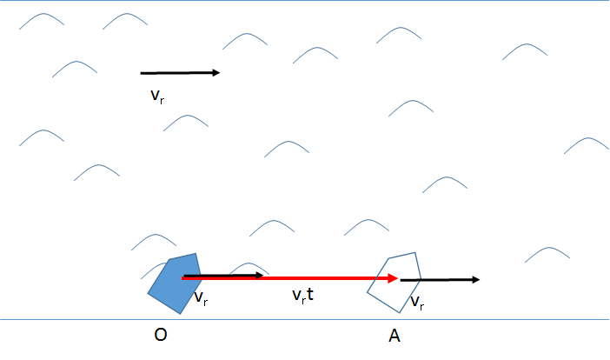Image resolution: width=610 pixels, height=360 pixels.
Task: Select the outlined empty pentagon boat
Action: [x=394, y=282]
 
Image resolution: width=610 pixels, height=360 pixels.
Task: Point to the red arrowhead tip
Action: [x=398, y=278]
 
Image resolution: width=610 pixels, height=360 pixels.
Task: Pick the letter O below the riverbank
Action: [x=161, y=335]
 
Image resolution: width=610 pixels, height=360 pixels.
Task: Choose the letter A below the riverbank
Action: [x=395, y=335]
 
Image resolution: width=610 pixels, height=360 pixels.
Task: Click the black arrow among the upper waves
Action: [x=178, y=73]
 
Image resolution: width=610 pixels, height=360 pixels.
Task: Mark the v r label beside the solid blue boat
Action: [x=201, y=298]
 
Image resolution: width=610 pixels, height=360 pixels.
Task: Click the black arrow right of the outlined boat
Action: [x=439, y=279]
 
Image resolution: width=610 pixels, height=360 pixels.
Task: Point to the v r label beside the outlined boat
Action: [x=417, y=303]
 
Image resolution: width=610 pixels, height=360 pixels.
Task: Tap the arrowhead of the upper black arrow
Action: [x=216, y=73]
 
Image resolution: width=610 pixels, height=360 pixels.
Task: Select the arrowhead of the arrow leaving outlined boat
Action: [x=475, y=279]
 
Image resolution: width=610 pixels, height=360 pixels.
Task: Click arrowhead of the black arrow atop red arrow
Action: [x=259, y=276]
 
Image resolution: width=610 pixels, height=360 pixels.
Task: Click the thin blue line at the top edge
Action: [x=304, y=1]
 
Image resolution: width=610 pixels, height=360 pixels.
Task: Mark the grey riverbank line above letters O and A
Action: [x=304, y=319]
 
